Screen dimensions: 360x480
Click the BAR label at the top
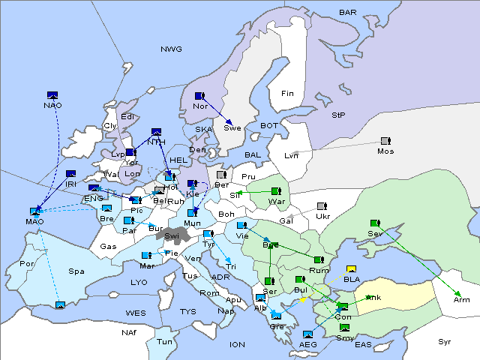point(347,13)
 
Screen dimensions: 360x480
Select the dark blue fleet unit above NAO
point(52,95)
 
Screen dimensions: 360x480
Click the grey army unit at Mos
point(385,141)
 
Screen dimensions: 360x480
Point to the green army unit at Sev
point(375,223)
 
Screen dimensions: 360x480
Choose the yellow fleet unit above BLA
point(351,269)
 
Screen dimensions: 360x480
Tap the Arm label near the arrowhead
point(461,300)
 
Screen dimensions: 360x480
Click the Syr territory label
point(445,341)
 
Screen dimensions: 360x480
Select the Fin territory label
point(287,94)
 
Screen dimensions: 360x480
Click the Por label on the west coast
point(27,264)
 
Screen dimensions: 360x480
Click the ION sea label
point(237,344)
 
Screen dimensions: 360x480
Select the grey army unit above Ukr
point(322,206)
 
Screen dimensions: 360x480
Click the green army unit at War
point(276,192)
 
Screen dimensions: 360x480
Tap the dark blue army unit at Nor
point(199,97)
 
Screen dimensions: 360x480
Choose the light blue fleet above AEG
point(307,334)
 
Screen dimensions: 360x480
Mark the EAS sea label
point(363,345)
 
